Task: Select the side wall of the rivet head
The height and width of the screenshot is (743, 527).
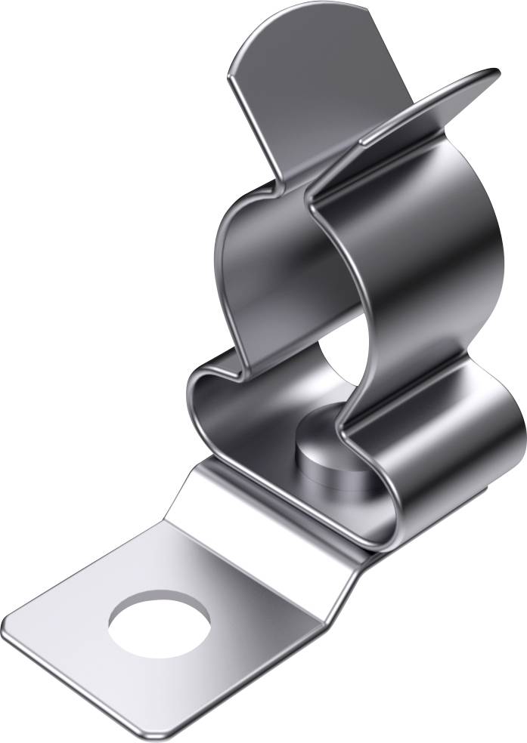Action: (333, 461)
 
